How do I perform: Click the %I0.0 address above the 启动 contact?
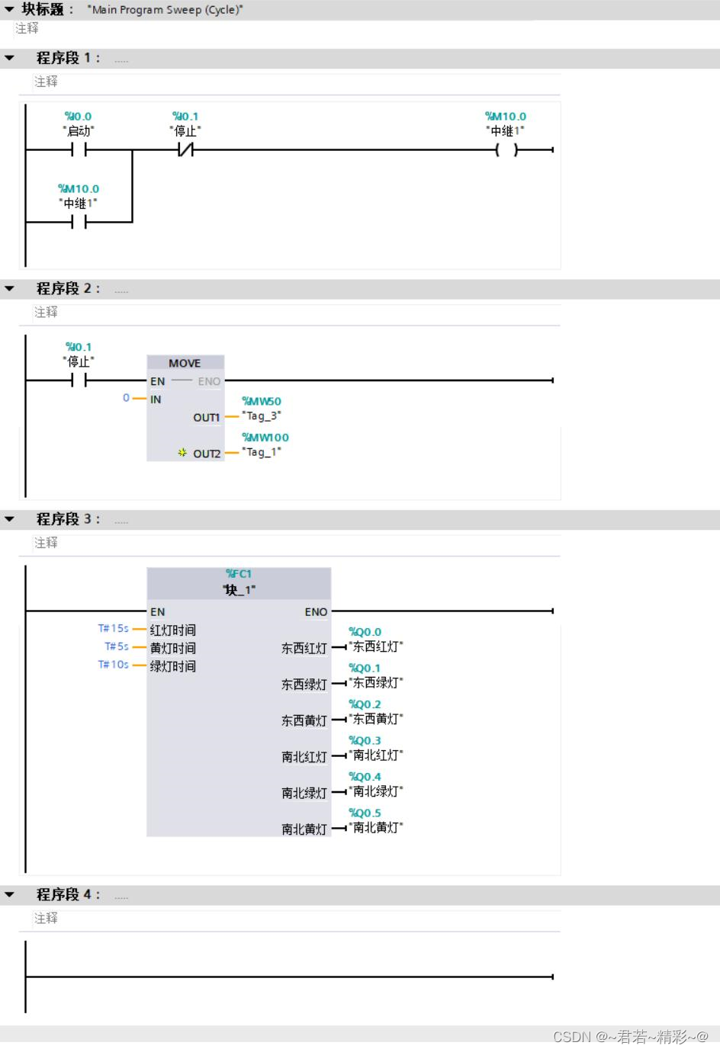pyautogui.click(x=78, y=117)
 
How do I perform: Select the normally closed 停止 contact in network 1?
pyautogui.click(x=185, y=150)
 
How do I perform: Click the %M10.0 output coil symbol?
pyautogui.click(x=506, y=150)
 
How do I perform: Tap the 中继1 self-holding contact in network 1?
pyautogui.click(x=79, y=222)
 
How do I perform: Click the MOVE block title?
pyautogui.click(x=185, y=364)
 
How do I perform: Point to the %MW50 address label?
pyautogui.click(x=262, y=401)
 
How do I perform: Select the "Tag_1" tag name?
pyautogui.click(x=262, y=452)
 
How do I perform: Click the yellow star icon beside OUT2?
pyautogui.click(x=182, y=453)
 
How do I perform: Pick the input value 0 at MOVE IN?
pyautogui.click(x=126, y=398)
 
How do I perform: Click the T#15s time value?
pyautogui.click(x=113, y=628)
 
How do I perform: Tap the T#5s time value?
pyautogui.click(x=117, y=646)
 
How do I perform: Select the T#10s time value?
pyautogui.click(x=113, y=665)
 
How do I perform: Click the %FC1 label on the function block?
pyautogui.click(x=239, y=574)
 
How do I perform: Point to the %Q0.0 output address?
pyautogui.click(x=365, y=632)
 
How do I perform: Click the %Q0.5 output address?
pyautogui.click(x=365, y=813)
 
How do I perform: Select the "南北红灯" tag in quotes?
pyautogui.click(x=376, y=755)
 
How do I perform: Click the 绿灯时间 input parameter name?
pyautogui.click(x=173, y=666)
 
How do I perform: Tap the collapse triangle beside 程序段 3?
pyautogui.click(x=9, y=519)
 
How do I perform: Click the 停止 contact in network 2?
pyautogui.click(x=79, y=380)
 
